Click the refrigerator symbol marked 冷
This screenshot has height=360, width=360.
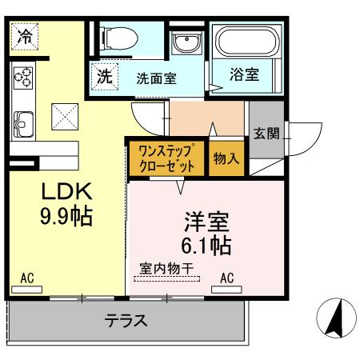click(26, 36)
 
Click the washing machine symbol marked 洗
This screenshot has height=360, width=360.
click(106, 78)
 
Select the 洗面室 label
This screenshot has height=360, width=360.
click(156, 80)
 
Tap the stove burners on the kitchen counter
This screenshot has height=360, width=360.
click(23, 78)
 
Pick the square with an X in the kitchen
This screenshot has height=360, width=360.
click(65, 117)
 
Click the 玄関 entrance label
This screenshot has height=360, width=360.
click(266, 134)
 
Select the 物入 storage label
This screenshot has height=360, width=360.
click(226, 158)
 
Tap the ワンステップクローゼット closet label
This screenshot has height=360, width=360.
click(166, 158)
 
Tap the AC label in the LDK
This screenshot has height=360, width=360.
click(27, 278)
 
